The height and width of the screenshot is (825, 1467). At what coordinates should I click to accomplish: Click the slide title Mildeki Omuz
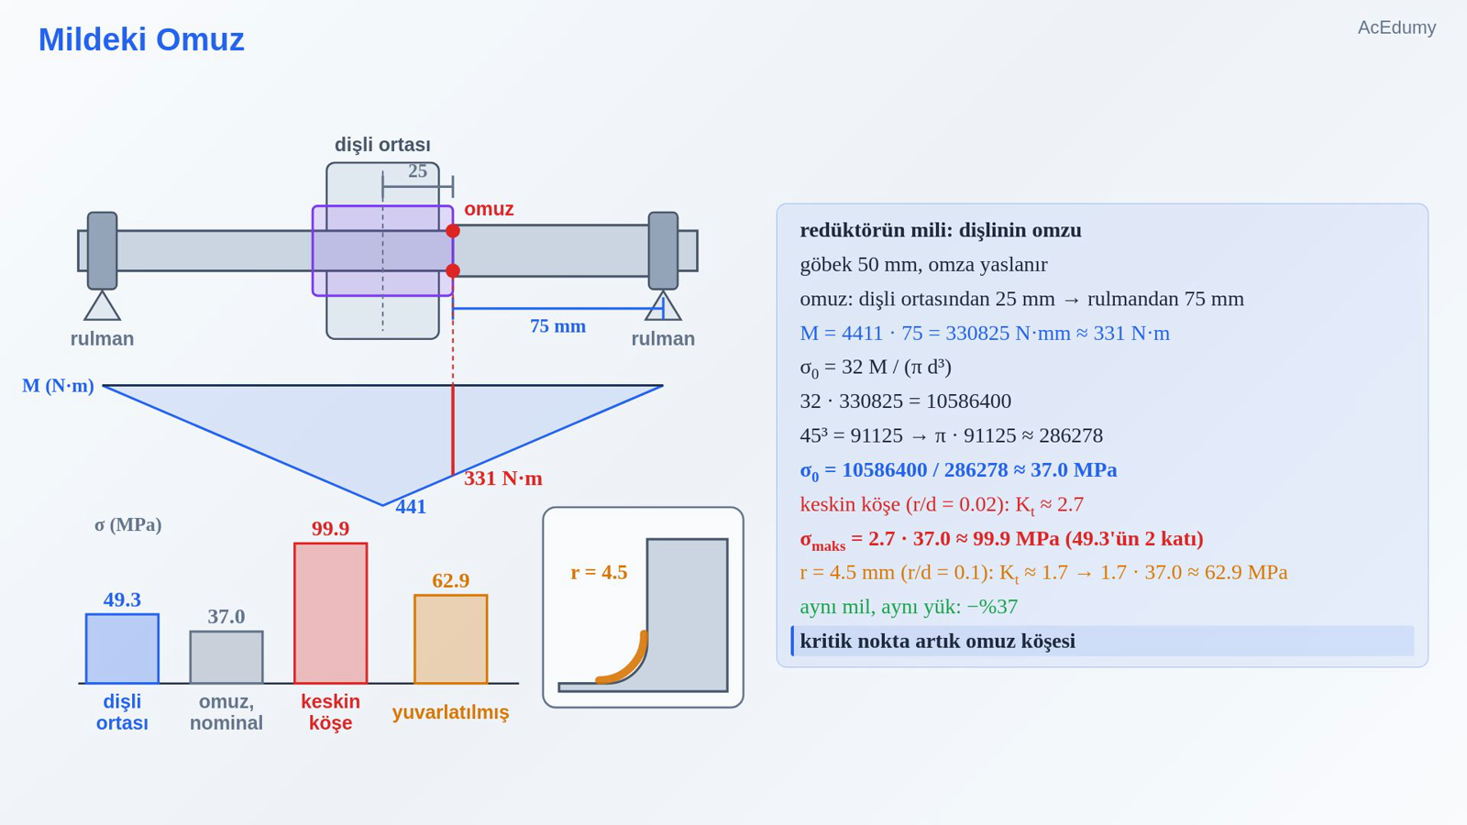point(141,39)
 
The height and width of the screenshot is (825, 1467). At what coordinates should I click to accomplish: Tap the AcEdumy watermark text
point(1396,27)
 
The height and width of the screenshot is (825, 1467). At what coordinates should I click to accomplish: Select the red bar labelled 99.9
point(331,613)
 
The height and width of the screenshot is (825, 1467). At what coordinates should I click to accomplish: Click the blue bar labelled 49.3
point(123,648)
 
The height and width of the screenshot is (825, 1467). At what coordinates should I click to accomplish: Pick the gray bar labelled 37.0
point(226,657)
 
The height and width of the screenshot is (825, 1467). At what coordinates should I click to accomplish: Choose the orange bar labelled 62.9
point(450,639)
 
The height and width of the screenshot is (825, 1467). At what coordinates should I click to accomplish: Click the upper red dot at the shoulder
point(453,231)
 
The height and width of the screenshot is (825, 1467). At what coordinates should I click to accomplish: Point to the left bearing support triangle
point(102,306)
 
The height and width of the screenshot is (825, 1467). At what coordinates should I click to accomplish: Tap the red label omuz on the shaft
point(489,209)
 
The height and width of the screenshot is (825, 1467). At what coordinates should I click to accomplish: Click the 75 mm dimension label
point(558,326)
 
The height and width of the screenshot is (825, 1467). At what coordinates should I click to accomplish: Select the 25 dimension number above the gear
point(418,170)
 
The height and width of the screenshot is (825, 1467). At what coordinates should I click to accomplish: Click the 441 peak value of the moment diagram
point(411,507)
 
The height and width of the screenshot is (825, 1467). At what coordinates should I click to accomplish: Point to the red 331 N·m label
point(503,478)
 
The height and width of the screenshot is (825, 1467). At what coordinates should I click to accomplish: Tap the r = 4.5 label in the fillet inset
point(599,572)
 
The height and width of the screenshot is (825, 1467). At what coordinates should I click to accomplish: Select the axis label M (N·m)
point(59,386)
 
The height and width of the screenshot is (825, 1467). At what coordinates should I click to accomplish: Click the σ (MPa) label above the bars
point(128,524)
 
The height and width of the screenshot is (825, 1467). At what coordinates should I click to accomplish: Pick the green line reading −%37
point(909,607)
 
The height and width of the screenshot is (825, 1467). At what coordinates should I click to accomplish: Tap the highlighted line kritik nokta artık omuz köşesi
point(938,641)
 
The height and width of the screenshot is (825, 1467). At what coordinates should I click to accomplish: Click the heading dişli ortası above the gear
point(382,145)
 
